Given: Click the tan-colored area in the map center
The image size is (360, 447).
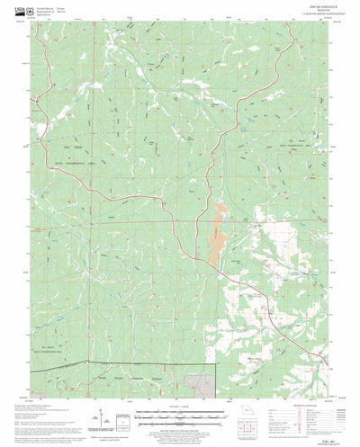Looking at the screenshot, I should coord(216,238).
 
